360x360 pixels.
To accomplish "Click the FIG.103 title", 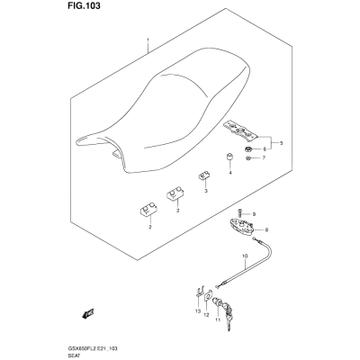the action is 82,5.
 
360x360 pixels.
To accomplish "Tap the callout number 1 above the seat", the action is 148,40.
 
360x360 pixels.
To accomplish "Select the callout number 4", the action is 230,173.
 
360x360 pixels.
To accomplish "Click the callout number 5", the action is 281,143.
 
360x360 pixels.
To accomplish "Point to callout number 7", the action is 264,157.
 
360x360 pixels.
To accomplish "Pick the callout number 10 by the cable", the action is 245,256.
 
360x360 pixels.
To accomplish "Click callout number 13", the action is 197,311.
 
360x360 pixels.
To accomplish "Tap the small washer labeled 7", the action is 247,158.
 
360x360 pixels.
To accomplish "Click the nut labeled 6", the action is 247,148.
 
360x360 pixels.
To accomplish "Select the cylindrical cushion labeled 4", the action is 230,157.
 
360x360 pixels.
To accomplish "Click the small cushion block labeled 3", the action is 203,175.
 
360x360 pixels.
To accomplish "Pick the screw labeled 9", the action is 240,213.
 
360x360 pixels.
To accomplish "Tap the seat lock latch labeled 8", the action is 241,227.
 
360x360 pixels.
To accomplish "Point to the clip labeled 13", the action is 198,291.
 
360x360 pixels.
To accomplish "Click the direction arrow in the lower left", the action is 87,313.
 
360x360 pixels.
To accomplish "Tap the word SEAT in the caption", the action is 72,355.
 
